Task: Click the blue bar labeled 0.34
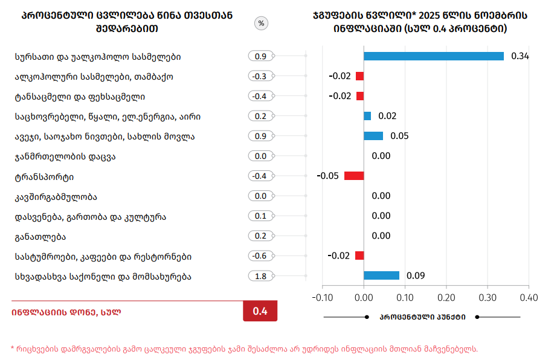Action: coord(434,56)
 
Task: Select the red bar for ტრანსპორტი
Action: coord(354,176)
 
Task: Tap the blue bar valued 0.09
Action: coord(381,275)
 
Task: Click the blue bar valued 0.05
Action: coord(373,136)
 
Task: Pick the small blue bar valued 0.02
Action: coord(367,116)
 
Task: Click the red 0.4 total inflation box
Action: coord(260,311)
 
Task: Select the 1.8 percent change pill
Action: coord(261,276)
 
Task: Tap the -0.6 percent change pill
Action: coord(261,256)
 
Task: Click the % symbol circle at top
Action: coord(261,24)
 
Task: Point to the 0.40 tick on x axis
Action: coord(529,297)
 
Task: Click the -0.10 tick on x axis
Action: coord(323,297)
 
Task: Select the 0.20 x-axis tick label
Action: coord(446,297)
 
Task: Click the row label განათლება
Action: coord(40,236)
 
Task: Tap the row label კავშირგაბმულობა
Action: coord(56,196)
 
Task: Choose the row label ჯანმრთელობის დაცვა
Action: coord(65,156)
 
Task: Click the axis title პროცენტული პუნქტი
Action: coord(422,317)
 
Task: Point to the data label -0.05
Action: coord(327,176)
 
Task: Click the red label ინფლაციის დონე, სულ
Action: coord(66,312)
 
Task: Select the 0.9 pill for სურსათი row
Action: coord(261,56)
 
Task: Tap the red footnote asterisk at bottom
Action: coord(13,348)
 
